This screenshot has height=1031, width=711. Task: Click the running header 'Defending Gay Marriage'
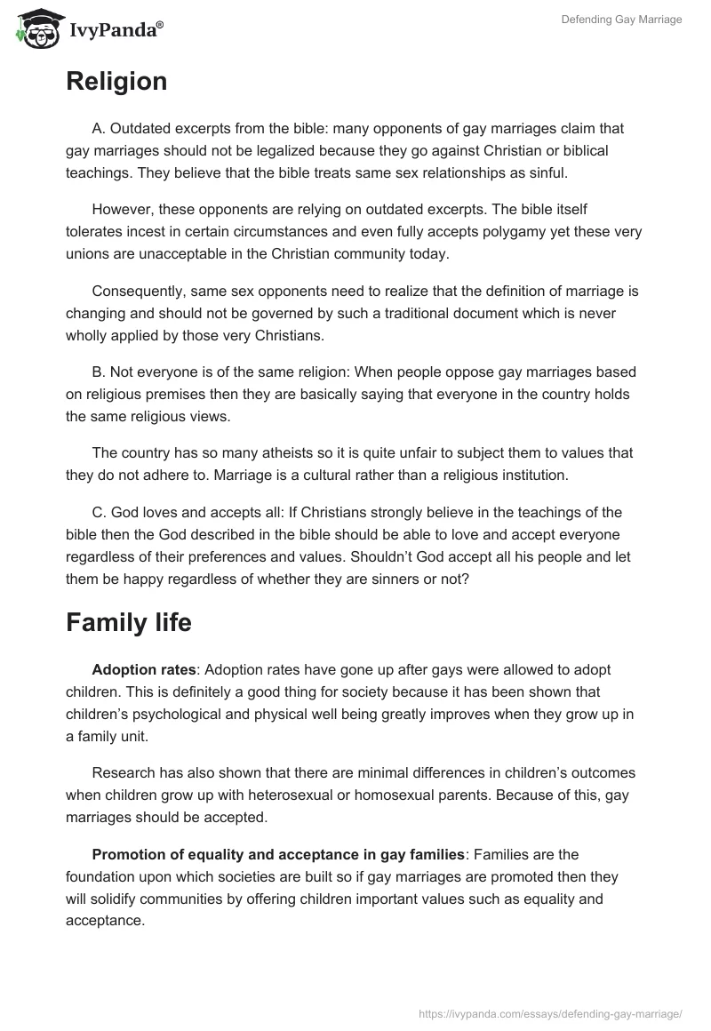621,20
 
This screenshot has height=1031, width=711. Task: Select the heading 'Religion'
116,82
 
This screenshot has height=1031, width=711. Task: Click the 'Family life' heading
129,623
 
